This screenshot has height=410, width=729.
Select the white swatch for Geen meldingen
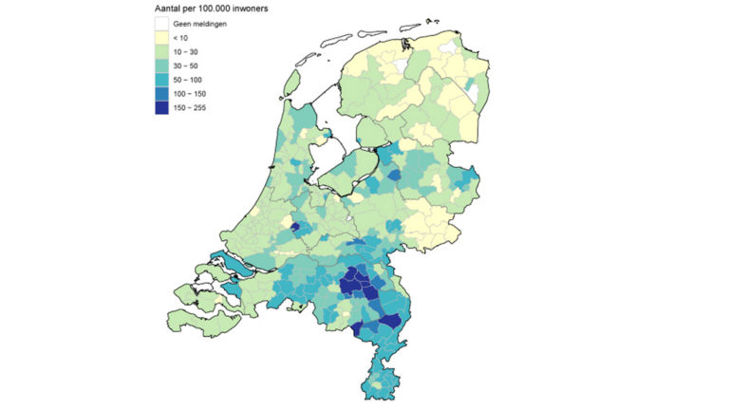tap(162, 22)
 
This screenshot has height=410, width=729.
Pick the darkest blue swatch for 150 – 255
tap(162, 107)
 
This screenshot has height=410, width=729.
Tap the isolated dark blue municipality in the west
tap(295, 228)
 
